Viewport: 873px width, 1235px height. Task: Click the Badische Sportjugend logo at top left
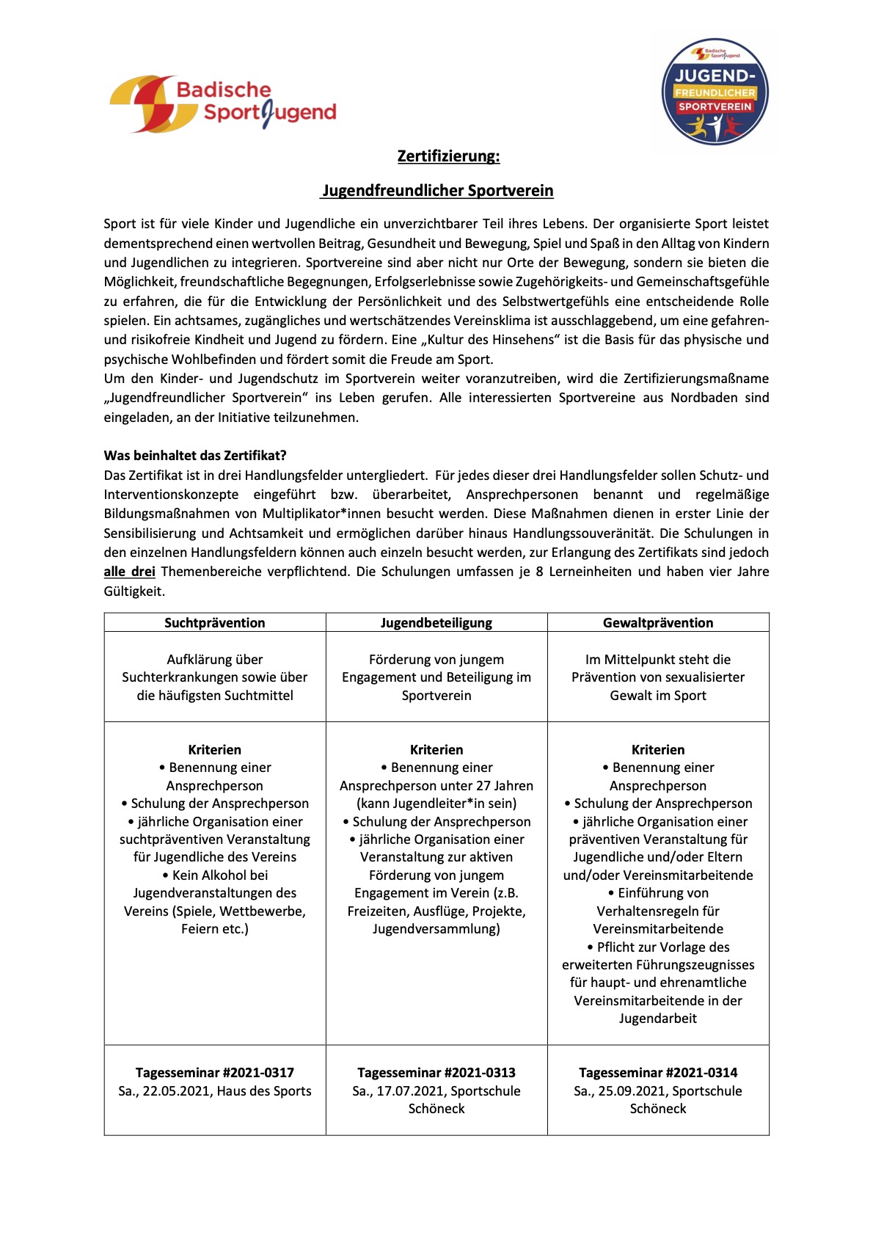(x=222, y=103)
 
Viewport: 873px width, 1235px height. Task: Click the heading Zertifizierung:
(x=448, y=156)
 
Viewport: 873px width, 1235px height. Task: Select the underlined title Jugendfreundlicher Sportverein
(x=438, y=191)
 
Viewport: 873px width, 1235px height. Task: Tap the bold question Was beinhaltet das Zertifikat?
(x=195, y=455)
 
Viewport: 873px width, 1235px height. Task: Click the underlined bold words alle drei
(x=129, y=572)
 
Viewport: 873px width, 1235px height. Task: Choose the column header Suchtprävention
(x=214, y=623)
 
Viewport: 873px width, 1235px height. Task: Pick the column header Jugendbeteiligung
(x=436, y=623)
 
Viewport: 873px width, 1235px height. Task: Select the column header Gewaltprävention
(x=657, y=623)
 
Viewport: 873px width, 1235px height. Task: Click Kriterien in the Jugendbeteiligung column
(x=436, y=750)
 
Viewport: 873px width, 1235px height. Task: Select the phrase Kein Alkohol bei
(x=219, y=875)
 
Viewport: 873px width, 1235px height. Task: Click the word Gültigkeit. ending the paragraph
(x=134, y=591)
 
